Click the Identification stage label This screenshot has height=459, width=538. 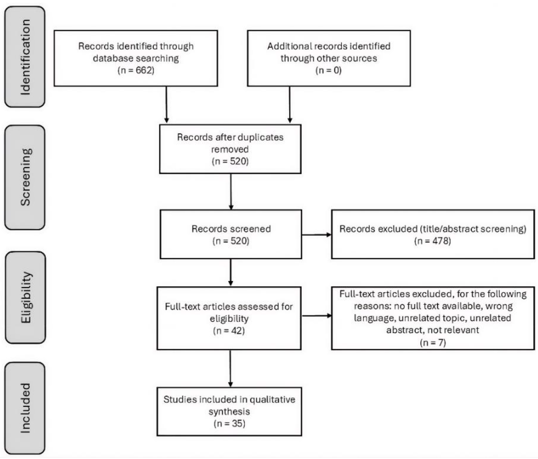pos(25,57)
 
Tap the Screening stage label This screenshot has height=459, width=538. pos(25,177)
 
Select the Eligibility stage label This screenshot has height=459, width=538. pos(26,297)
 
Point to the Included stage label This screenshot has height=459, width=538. pos(25,408)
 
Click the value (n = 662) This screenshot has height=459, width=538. pos(136,70)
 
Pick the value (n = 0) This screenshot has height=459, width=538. pos(329,70)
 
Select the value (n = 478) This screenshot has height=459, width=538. pos(433,241)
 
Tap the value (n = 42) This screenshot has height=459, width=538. pos(229,331)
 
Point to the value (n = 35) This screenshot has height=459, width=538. pos(229,424)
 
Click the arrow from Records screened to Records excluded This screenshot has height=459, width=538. pos(317,235)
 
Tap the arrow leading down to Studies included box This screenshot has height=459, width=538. pos(230,369)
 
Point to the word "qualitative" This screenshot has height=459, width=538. pos(272,400)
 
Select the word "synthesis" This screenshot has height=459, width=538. pos(229,412)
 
